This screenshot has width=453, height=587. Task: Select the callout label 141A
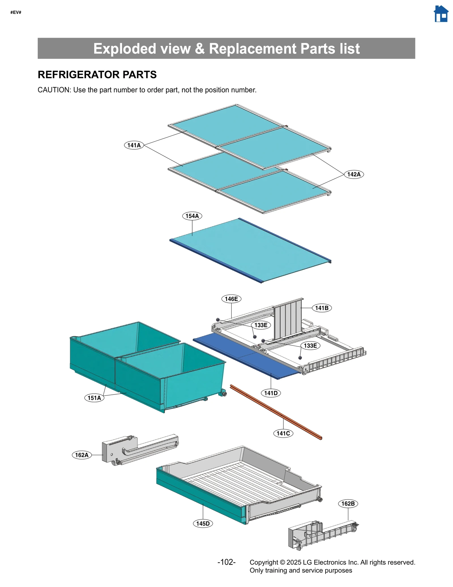[x=134, y=145]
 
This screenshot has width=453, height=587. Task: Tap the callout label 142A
[x=354, y=174]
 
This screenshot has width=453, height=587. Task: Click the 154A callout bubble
[x=192, y=216]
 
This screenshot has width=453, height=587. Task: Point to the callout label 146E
[x=231, y=299]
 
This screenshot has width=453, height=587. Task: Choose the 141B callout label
[x=322, y=308]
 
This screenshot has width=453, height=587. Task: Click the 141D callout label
[x=271, y=393]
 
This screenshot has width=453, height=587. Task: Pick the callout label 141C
[x=283, y=433]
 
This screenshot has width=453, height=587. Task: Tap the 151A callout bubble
[x=94, y=398]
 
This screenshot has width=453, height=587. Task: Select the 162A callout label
[x=82, y=455]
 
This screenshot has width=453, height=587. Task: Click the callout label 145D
[x=203, y=524]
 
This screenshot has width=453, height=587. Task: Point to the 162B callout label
[x=348, y=504]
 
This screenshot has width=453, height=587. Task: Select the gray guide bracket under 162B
[x=320, y=534]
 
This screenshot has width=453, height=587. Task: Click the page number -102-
[x=226, y=562]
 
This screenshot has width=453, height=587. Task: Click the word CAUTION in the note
[x=54, y=90]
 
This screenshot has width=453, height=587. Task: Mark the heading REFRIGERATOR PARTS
[x=97, y=75]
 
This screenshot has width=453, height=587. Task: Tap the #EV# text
[x=16, y=12]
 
